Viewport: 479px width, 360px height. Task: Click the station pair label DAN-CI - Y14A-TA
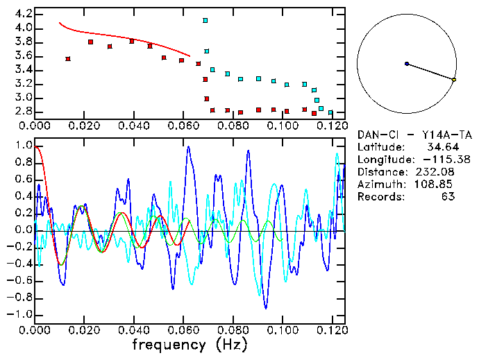click(x=406, y=135)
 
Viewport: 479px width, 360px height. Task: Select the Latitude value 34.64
click(x=438, y=147)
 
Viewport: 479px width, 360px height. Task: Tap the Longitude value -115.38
click(x=434, y=160)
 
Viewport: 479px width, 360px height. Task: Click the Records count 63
click(x=448, y=197)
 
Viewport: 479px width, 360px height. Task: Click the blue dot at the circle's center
click(x=407, y=64)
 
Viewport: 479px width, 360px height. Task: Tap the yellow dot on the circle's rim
click(x=454, y=80)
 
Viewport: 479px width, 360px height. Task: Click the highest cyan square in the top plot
click(x=205, y=21)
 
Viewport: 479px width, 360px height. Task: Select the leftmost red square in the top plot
click(x=67, y=59)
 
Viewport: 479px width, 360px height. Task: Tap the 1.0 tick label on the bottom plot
click(x=23, y=146)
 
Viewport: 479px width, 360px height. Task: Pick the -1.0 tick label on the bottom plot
click(x=21, y=314)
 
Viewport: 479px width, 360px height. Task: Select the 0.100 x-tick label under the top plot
click(x=281, y=126)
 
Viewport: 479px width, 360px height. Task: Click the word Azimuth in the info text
click(x=379, y=185)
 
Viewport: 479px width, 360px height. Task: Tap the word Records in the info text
click(x=379, y=197)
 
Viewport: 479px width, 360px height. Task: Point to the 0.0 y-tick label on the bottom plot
click(x=23, y=230)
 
